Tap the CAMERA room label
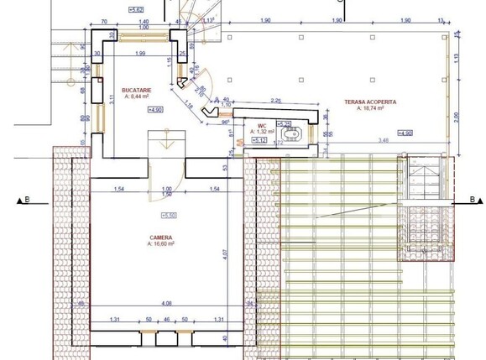[x=162, y=237]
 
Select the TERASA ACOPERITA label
[x=371, y=102]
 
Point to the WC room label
[x=261, y=125]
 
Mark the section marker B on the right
[x=473, y=200]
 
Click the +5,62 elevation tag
[x=136, y=9]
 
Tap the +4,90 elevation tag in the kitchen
[x=155, y=109]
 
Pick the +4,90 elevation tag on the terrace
[x=406, y=133]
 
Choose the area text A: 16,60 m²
[x=162, y=245]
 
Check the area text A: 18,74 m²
[x=370, y=108]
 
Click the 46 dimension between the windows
[x=166, y=321]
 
